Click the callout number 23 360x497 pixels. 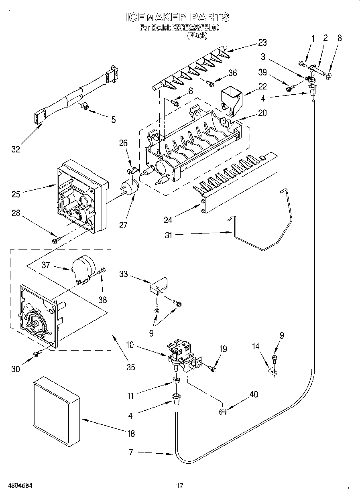pos(262,42)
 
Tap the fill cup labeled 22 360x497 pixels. pos(232,97)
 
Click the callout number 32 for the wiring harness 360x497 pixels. pos(15,150)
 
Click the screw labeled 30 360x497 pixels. pos(38,353)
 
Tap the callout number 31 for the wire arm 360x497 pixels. pos(168,235)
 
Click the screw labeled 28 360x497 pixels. pos(55,240)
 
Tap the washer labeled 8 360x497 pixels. pos(329,76)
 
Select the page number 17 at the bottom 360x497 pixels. pos(180,486)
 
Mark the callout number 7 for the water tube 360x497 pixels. pos(131,452)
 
